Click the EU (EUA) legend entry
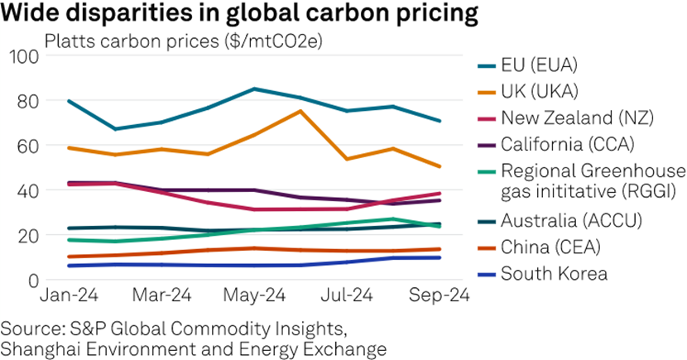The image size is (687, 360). pyautogui.click(x=538, y=65)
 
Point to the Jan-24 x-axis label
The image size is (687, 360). pyautogui.click(x=66, y=295)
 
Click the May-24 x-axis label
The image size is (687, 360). pyautogui.click(x=254, y=295)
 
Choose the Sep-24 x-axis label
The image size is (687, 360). pyautogui.click(x=441, y=295)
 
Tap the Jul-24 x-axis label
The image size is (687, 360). pyautogui.click(x=348, y=295)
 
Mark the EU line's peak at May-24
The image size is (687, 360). pyautogui.click(x=253, y=89)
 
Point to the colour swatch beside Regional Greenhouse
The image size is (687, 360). pyautogui.click(x=488, y=170)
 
